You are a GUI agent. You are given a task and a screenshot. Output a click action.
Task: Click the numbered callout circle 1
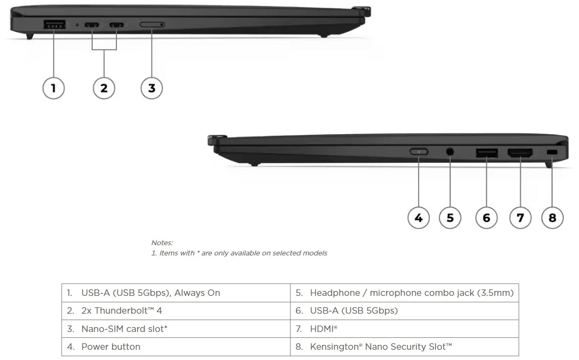click(x=53, y=88)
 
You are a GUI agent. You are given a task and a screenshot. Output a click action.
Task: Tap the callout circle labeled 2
click(x=104, y=88)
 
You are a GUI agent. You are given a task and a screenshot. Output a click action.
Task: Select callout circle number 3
click(x=151, y=88)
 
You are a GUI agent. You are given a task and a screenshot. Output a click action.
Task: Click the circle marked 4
click(x=418, y=218)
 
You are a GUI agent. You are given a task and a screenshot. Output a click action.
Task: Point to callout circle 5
click(x=450, y=218)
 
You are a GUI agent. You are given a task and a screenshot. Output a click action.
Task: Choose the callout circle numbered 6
click(x=486, y=218)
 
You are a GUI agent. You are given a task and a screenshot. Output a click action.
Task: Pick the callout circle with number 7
click(x=520, y=218)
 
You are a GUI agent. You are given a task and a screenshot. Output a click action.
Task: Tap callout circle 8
click(x=552, y=218)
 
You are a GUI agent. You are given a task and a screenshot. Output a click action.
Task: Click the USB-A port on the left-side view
click(x=54, y=24)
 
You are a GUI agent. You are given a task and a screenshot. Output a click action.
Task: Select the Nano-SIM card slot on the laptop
click(x=153, y=25)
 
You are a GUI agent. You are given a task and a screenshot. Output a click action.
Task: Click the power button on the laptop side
click(x=419, y=152)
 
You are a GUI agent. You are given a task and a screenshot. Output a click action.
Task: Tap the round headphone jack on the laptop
click(x=450, y=152)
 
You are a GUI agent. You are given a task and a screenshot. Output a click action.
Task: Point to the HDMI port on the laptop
click(x=520, y=153)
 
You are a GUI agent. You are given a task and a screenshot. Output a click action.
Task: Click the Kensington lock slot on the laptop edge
click(x=552, y=153)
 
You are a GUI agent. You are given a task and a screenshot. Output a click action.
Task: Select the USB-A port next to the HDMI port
click(x=487, y=153)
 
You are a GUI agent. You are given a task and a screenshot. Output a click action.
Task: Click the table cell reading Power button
click(x=176, y=347)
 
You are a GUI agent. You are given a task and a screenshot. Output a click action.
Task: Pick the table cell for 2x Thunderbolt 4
click(x=176, y=310)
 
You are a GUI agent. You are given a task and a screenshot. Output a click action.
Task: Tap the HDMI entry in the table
click(x=404, y=328)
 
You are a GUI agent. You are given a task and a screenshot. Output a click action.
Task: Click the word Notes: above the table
click(x=162, y=243)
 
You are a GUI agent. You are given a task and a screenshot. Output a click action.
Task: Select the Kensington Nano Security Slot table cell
click(x=404, y=347)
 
